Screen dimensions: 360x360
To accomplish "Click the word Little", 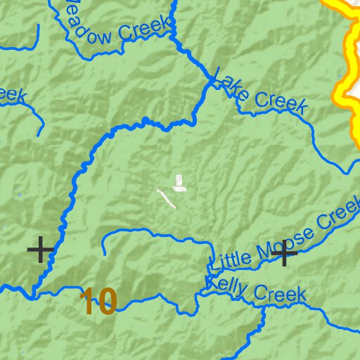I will pos(233,258).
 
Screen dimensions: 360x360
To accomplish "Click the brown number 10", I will pos(98,302).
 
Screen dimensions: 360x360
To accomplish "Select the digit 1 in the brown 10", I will pos(87,302).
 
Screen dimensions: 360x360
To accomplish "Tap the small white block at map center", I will pos(180,184).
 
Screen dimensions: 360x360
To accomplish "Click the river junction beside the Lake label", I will pos(210,82).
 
